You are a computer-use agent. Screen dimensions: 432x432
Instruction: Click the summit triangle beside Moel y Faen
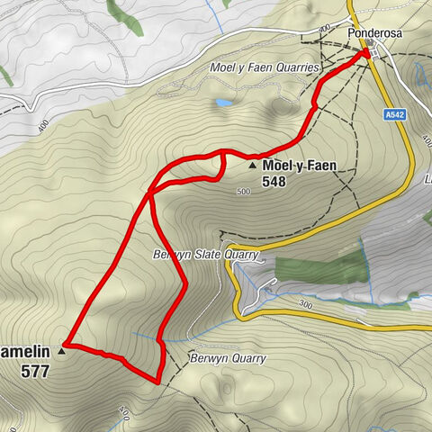(x=252, y=166)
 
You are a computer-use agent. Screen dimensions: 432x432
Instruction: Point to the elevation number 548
(x=274, y=181)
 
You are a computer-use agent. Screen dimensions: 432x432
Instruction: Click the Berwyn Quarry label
(x=227, y=358)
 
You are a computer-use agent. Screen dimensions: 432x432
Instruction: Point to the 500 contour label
(x=242, y=192)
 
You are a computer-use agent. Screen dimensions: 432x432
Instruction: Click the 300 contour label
(x=305, y=306)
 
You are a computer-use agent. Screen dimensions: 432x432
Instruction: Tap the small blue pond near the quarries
(x=222, y=103)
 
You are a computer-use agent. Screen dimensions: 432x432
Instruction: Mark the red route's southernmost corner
(x=158, y=382)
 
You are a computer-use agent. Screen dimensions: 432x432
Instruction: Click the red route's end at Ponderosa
(x=367, y=53)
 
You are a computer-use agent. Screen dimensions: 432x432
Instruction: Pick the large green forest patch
(x=319, y=269)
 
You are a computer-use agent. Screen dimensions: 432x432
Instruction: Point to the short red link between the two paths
(x=222, y=166)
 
